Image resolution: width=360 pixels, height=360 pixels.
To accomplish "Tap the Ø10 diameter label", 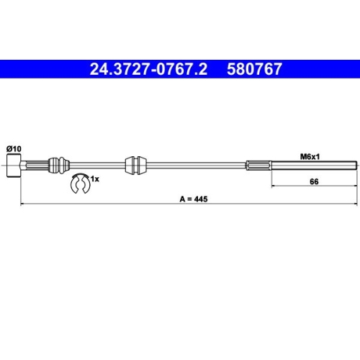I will click(14, 148).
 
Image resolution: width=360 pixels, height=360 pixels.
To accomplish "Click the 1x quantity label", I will click(94, 179).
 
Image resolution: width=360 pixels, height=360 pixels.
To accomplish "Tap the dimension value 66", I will click(313, 182).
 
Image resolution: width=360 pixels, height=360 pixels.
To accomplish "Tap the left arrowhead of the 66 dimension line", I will click(274, 187).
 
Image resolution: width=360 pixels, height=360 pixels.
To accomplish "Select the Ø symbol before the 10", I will click(9, 148).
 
